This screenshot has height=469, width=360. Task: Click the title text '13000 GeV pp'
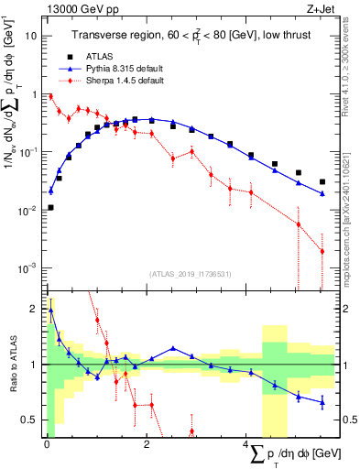tap(76, 8)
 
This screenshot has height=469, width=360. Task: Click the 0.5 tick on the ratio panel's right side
tap(347, 420)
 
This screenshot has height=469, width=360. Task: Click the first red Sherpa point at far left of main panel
tap(50, 96)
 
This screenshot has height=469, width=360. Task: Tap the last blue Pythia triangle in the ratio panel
tap(322, 401)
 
